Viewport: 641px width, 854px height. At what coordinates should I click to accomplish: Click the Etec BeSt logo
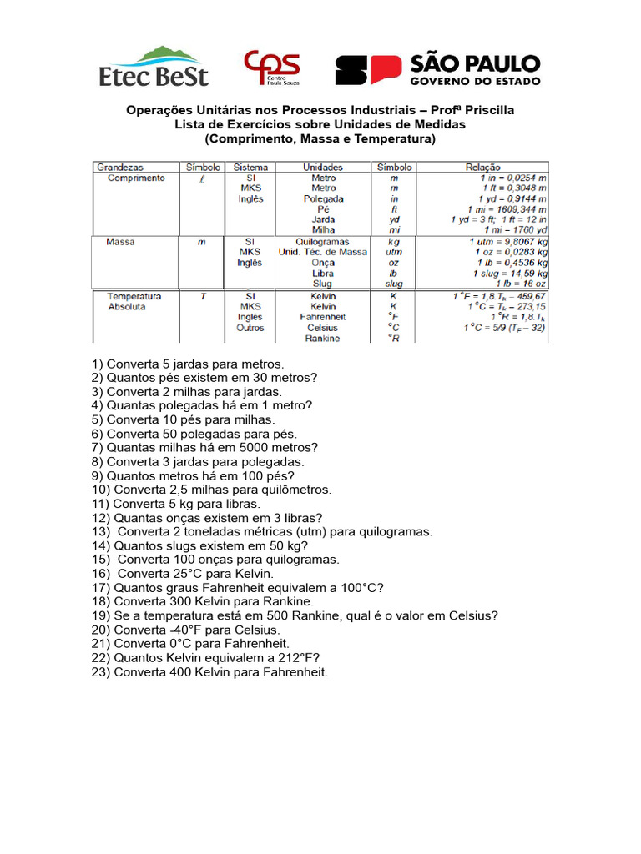[x=154, y=67]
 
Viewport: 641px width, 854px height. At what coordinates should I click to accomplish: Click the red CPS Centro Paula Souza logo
[x=271, y=68]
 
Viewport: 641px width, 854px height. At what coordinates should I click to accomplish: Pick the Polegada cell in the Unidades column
[x=323, y=199]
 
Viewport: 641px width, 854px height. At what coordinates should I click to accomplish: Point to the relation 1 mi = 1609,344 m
[x=507, y=209]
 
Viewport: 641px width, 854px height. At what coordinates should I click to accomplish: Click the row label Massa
[x=121, y=242]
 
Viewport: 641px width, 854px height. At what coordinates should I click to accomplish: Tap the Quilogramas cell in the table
[x=323, y=242]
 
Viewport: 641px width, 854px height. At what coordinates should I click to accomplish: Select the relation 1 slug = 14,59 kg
[x=510, y=274]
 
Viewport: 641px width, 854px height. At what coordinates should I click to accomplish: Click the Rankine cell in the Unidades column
[x=323, y=339]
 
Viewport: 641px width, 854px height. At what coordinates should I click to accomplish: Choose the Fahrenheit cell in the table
[x=323, y=317]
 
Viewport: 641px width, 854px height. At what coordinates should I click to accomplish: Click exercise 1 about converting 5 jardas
[x=188, y=364]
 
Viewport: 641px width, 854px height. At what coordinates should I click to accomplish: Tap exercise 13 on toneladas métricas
[x=262, y=531]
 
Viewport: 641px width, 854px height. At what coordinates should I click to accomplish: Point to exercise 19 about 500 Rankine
[x=295, y=615]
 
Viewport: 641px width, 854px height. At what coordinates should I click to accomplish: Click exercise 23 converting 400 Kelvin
[x=209, y=671]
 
